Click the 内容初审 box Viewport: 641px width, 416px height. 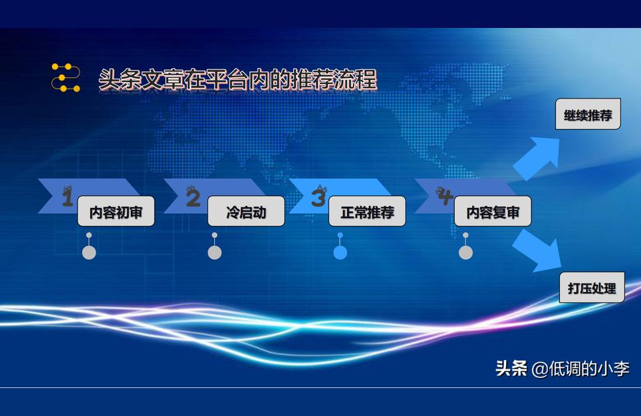(x=116, y=211)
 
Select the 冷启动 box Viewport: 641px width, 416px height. (x=246, y=211)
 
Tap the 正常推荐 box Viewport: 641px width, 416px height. (x=367, y=211)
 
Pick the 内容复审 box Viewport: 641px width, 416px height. (x=493, y=211)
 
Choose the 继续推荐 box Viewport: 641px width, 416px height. (x=588, y=114)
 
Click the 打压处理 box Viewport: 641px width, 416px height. (x=592, y=287)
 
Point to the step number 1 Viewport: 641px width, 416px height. (x=67, y=197)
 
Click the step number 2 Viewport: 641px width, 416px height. (x=194, y=197)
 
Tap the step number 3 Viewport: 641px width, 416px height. (x=319, y=196)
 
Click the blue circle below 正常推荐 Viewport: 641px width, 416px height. (x=340, y=253)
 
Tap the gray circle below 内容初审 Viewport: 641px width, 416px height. (x=89, y=253)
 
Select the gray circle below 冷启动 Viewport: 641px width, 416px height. (x=214, y=253)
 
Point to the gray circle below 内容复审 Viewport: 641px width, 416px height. (x=465, y=253)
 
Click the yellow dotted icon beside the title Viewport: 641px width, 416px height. (x=65, y=77)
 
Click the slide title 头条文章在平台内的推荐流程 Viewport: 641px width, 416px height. (x=238, y=79)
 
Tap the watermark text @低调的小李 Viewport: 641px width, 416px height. (x=580, y=369)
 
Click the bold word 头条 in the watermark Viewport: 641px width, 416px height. (x=511, y=368)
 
